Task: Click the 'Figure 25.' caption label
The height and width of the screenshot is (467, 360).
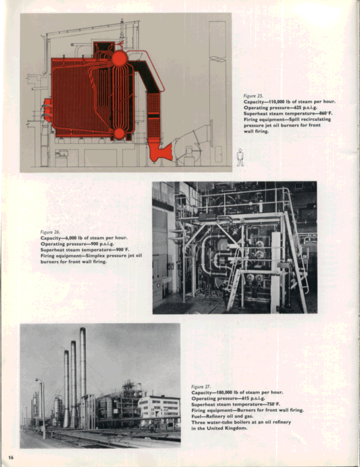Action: pos(253,95)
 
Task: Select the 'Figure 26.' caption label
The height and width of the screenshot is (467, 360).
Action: pos(50,232)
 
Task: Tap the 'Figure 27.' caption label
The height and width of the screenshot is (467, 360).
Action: pos(201,386)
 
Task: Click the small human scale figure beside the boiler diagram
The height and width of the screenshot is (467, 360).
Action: pos(240,156)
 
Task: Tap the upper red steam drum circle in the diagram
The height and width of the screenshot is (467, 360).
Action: pos(120,58)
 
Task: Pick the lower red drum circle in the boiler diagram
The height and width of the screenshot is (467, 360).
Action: pos(119,134)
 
